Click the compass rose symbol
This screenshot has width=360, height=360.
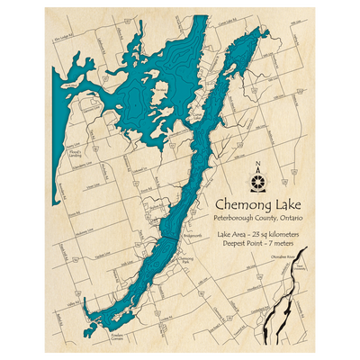(x=259, y=180)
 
